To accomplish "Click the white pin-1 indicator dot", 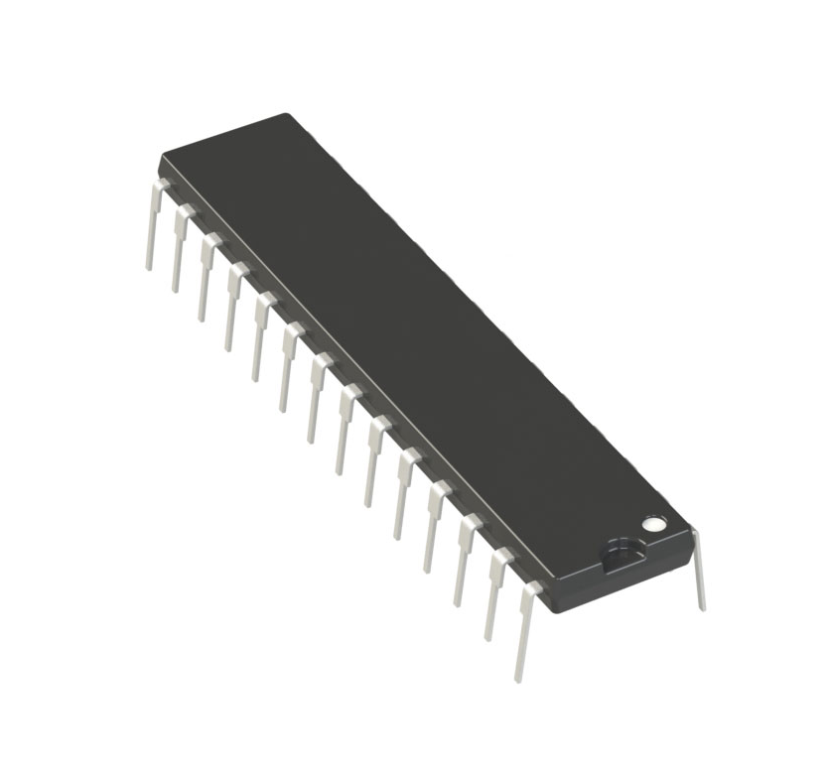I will pyautogui.click(x=652, y=522).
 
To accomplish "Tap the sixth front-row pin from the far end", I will pyautogui.click(x=289, y=368).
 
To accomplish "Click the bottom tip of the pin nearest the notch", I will pyautogui.click(x=518, y=678).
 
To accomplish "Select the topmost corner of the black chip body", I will pyautogui.click(x=287, y=114).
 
